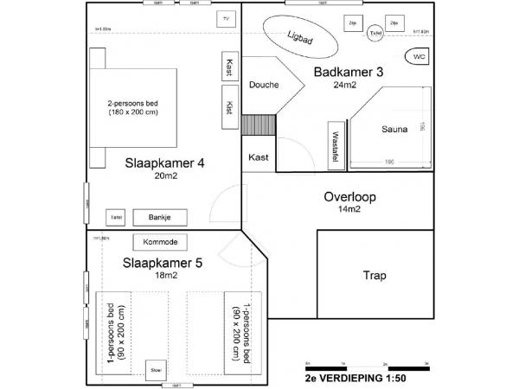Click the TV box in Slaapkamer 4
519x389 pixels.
(x=226, y=19)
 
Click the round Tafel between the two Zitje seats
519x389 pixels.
(x=375, y=33)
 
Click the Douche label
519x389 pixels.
(x=264, y=85)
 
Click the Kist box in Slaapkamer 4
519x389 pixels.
(x=229, y=108)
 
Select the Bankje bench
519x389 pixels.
(x=157, y=217)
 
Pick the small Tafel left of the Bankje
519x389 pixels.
(x=115, y=217)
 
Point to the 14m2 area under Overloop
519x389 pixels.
(x=348, y=209)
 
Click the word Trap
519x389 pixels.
(x=374, y=277)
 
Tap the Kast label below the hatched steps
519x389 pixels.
(x=258, y=157)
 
